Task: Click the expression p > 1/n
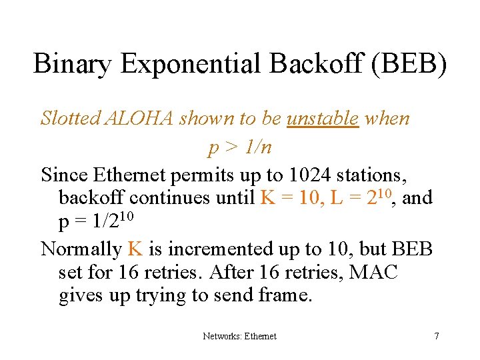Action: [239, 147]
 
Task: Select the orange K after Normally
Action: [135, 249]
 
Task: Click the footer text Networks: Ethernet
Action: [239, 336]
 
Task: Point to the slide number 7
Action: [436, 336]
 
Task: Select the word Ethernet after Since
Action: [131, 175]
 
